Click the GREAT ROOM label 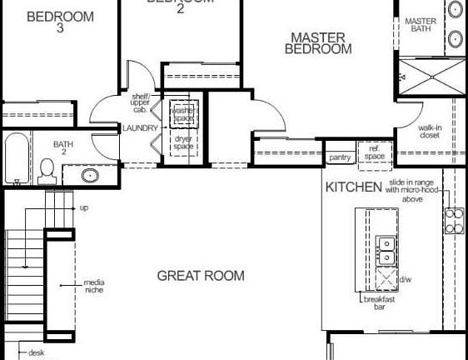pyautogui.click(x=201, y=276)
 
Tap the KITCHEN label pyautogui.click(x=353, y=187)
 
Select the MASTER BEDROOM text pyautogui.click(x=317, y=43)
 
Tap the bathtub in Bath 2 pyautogui.click(x=15, y=159)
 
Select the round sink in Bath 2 pyautogui.click(x=92, y=175)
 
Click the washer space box pyautogui.click(x=182, y=114)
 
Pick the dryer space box pyautogui.click(x=182, y=142)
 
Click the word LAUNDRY pyautogui.click(x=139, y=128)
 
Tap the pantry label pyautogui.click(x=340, y=157)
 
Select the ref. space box pyautogui.click(x=374, y=152)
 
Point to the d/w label pyautogui.click(x=406, y=279)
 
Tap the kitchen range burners pyautogui.click(x=455, y=220)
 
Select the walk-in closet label pyautogui.click(x=429, y=131)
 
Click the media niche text pyautogui.click(x=94, y=287)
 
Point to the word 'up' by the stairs pyautogui.click(x=84, y=207)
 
